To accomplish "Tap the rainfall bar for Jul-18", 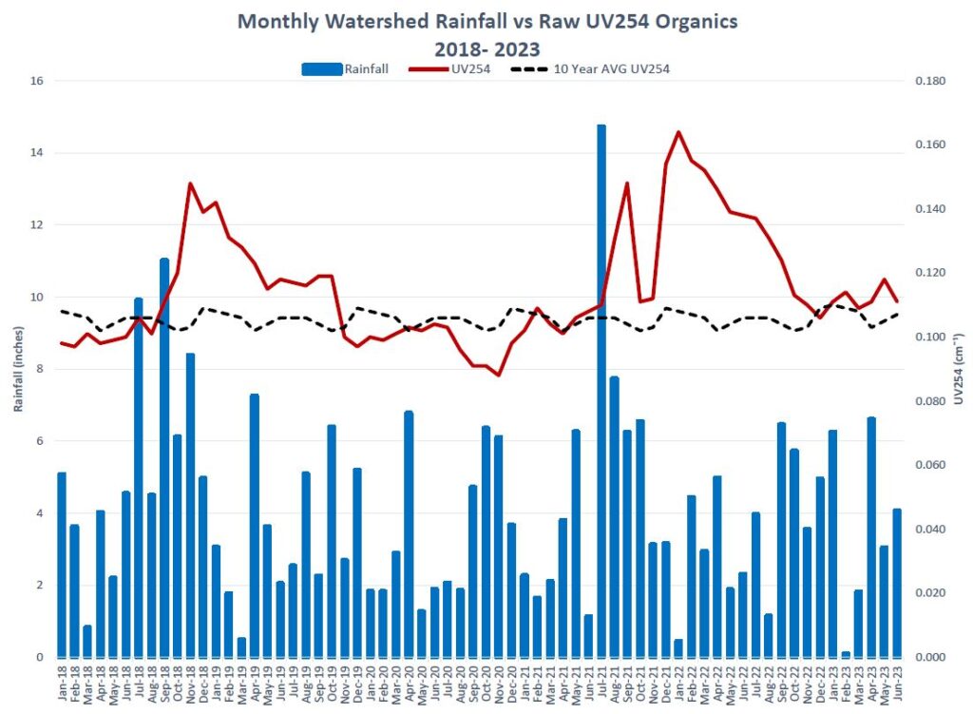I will point(139,475).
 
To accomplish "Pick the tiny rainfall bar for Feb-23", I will point(846,654).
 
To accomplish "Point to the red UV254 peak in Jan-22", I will point(678,132).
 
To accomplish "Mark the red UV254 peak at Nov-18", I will point(190,183).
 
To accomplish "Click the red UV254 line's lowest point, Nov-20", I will point(498,375).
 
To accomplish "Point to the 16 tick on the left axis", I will point(37,81).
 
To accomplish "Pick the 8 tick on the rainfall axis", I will point(40,369).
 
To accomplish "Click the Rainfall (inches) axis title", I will point(18,369).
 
